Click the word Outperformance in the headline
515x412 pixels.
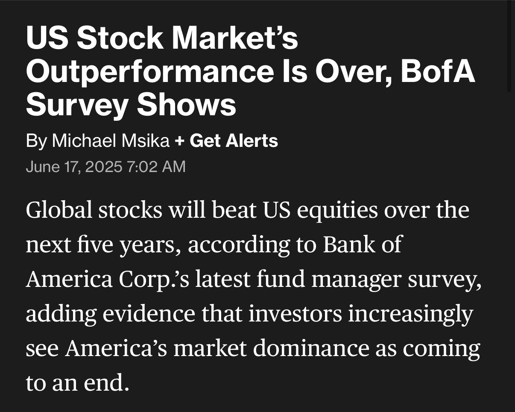(150, 72)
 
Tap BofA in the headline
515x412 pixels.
(438, 70)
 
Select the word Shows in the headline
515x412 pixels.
(187, 104)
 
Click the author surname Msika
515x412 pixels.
(146, 140)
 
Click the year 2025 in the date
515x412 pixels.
(104, 167)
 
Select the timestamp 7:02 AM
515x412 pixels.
(156, 167)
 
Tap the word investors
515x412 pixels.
(296, 314)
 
